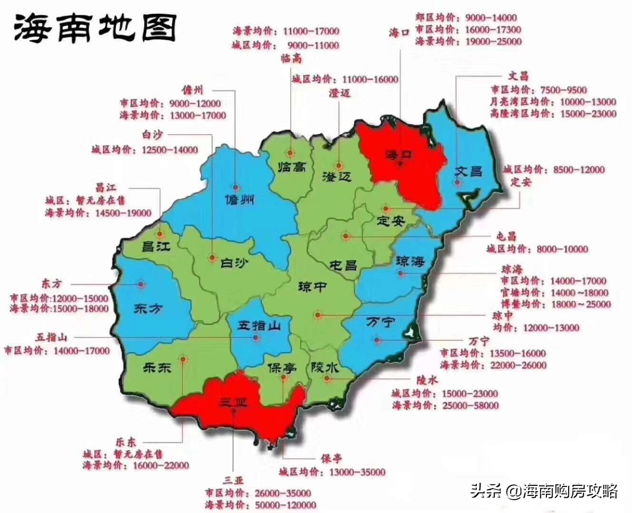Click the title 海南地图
tap(95, 28)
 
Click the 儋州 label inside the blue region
tap(239, 199)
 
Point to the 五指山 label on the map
tap(259, 326)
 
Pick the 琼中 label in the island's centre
tap(312, 287)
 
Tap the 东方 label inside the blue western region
tap(148, 308)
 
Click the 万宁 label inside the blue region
tap(380, 322)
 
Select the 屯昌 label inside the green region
tap(343, 265)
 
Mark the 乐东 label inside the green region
tap(157, 367)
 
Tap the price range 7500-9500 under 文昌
tap(563, 90)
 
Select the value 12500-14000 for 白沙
tap(169, 150)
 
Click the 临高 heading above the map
tap(291, 59)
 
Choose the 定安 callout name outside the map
tap(521, 182)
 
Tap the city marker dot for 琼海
tap(401, 274)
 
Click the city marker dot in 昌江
tap(160, 234)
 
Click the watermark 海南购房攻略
tap(571, 491)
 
